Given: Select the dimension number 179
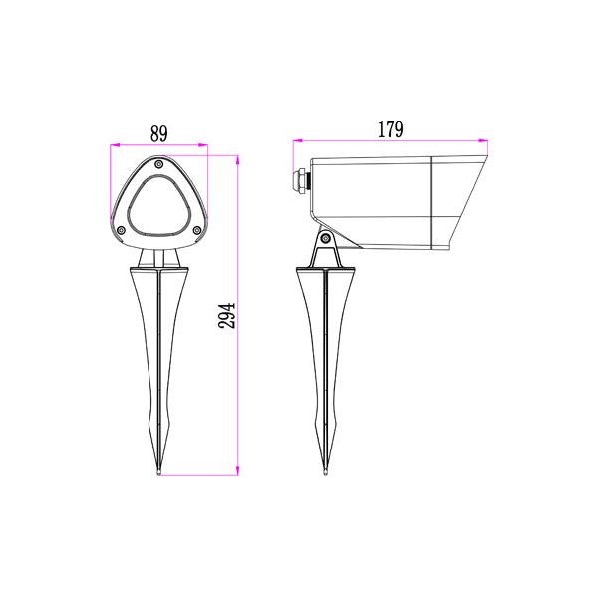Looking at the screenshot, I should click(390, 129).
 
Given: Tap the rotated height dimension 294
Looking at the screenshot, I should click(227, 316).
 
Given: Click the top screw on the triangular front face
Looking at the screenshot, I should click(159, 164).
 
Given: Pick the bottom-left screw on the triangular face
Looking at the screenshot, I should click(122, 232).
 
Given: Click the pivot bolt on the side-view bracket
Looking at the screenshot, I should click(325, 237).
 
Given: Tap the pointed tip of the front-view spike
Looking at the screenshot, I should click(159, 476).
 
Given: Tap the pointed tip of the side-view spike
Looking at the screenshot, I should click(325, 476).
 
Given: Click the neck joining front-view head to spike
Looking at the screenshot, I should click(159, 257).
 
